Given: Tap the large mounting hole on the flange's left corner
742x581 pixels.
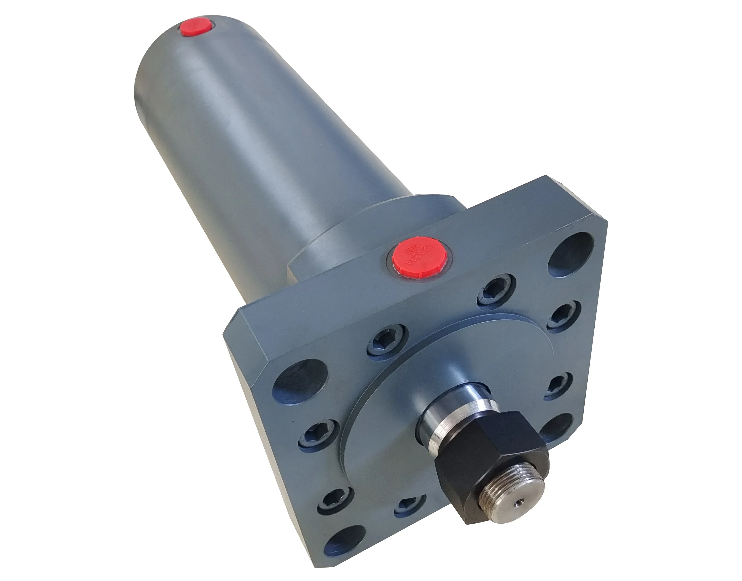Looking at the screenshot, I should pyautogui.click(x=298, y=379).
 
